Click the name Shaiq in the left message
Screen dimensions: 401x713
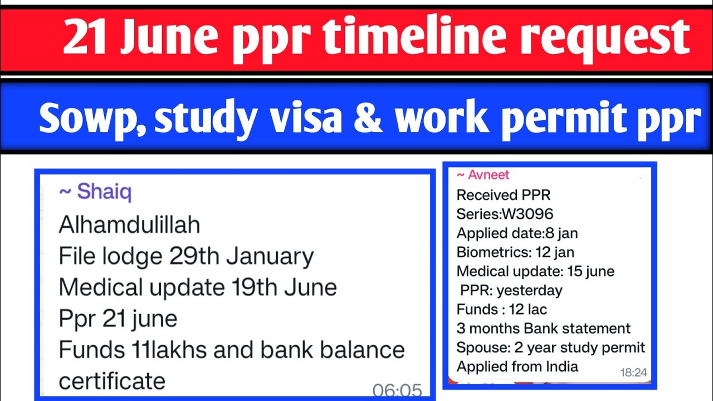(x=104, y=192)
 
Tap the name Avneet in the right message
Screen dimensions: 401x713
(x=488, y=175)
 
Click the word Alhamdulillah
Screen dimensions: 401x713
(x=129, y=225)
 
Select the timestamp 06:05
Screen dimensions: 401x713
(x=397, y=390)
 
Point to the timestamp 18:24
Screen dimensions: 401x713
(x=633, y=372)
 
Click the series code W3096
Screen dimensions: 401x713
(x=529, y=214)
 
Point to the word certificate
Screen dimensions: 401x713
(x=112, y=381)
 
